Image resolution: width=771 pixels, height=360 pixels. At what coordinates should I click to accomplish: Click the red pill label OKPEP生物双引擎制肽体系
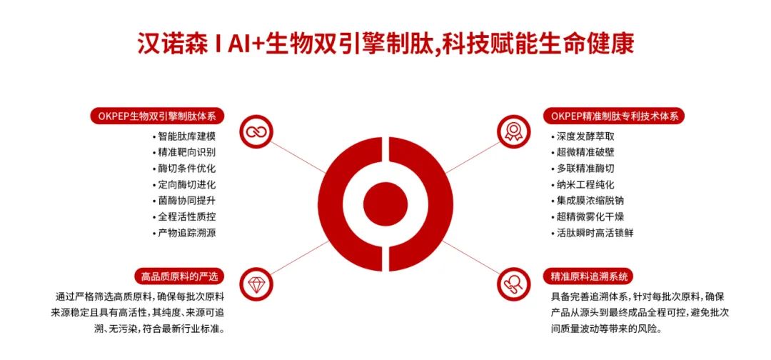157,116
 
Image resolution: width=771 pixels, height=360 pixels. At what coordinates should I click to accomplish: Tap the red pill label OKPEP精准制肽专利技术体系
615,116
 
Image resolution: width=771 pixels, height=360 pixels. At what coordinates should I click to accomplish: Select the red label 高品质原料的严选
179,276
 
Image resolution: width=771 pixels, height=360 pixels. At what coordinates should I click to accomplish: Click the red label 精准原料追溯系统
589,276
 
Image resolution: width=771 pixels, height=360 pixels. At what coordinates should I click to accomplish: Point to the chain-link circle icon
256,131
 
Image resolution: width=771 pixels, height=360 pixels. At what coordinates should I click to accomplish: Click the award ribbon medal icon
513,131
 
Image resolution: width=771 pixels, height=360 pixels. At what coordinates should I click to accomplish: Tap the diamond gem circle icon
256,284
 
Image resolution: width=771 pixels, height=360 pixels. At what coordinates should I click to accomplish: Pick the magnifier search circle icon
513,284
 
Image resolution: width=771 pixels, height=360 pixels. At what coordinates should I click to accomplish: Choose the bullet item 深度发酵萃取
583,136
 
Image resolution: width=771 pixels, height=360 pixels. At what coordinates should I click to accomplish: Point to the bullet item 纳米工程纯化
583,185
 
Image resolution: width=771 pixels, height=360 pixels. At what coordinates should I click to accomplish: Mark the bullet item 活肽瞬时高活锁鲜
593,233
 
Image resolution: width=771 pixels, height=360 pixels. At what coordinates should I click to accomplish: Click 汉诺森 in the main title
169,44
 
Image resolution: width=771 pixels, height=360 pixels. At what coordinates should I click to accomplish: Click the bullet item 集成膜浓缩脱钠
588,201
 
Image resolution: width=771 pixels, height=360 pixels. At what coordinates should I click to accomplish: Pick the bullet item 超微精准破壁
583,152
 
